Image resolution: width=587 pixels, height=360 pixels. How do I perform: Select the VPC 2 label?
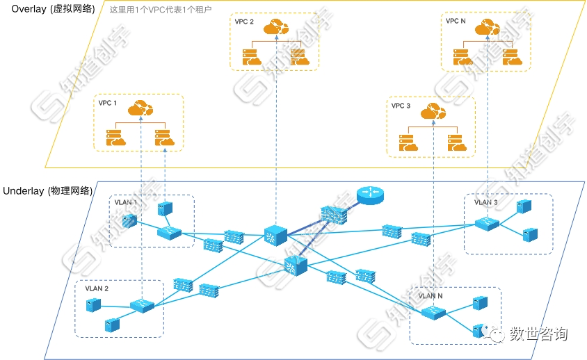coord(244,22)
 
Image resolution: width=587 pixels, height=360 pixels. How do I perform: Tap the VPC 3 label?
coord(401,106)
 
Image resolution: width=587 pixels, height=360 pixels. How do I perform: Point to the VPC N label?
coord(456,22)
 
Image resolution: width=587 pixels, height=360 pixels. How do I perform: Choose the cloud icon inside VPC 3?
coord(433,111)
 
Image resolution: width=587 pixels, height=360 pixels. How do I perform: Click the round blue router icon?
coord(369,194)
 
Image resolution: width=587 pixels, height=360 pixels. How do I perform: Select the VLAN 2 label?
coord(97,288)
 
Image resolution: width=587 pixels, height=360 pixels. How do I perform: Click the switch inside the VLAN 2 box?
coord(141,305)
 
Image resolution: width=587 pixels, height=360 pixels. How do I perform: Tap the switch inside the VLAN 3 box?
coord(485,224)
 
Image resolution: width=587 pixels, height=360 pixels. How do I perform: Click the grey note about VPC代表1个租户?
coord(161,11)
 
